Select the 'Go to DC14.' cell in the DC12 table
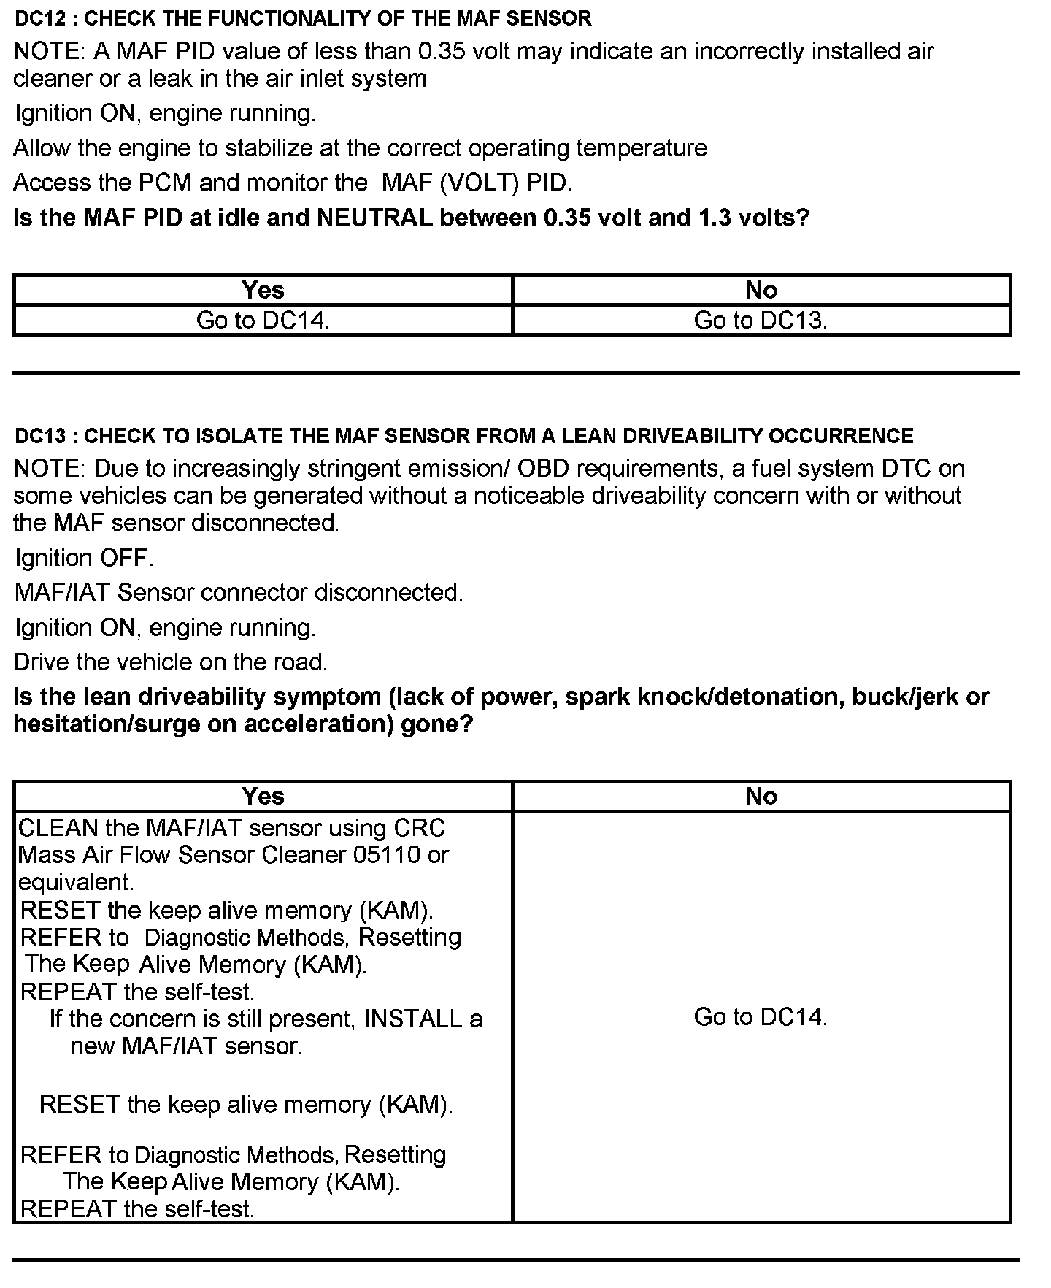click(x=263, y=321)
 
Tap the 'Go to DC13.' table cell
click(x=761, y=321)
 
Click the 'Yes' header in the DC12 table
click(x=263, y=290)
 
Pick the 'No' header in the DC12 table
click(x=761, y=290)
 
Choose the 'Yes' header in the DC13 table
click(x=263, y=796)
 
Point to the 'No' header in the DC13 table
click(x=761, y=796)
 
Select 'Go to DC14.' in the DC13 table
click(x=761, y=1016)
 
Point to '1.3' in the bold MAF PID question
click(x=715, y=218)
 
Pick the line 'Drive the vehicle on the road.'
click(x=171, y=662)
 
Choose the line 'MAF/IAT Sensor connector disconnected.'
click(x=239, y=592)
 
